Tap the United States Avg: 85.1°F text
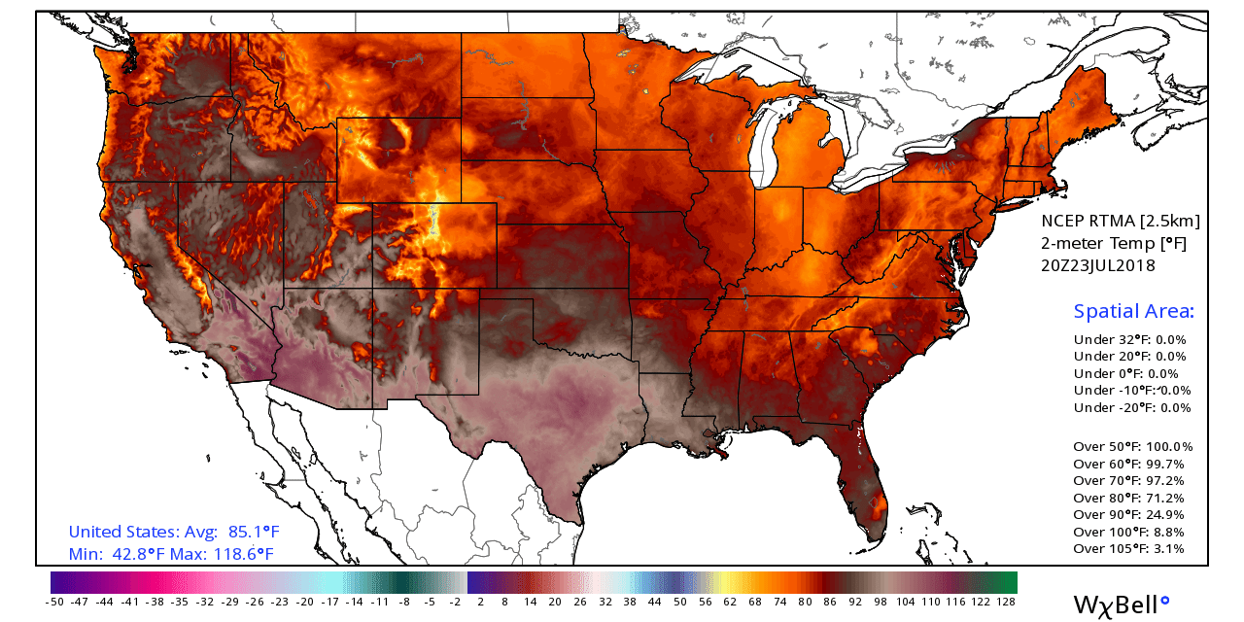(x=174, y=532)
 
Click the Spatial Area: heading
(x=1133, y=312)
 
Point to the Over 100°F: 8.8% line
(x=1128, y=532)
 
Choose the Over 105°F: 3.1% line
(x=1128, y=548)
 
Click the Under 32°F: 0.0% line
(x=1129, y=339)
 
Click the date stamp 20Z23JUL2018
(x=1098, y=265)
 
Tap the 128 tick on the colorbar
(x=1006, y=602)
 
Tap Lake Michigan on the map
(x=767, y=146)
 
